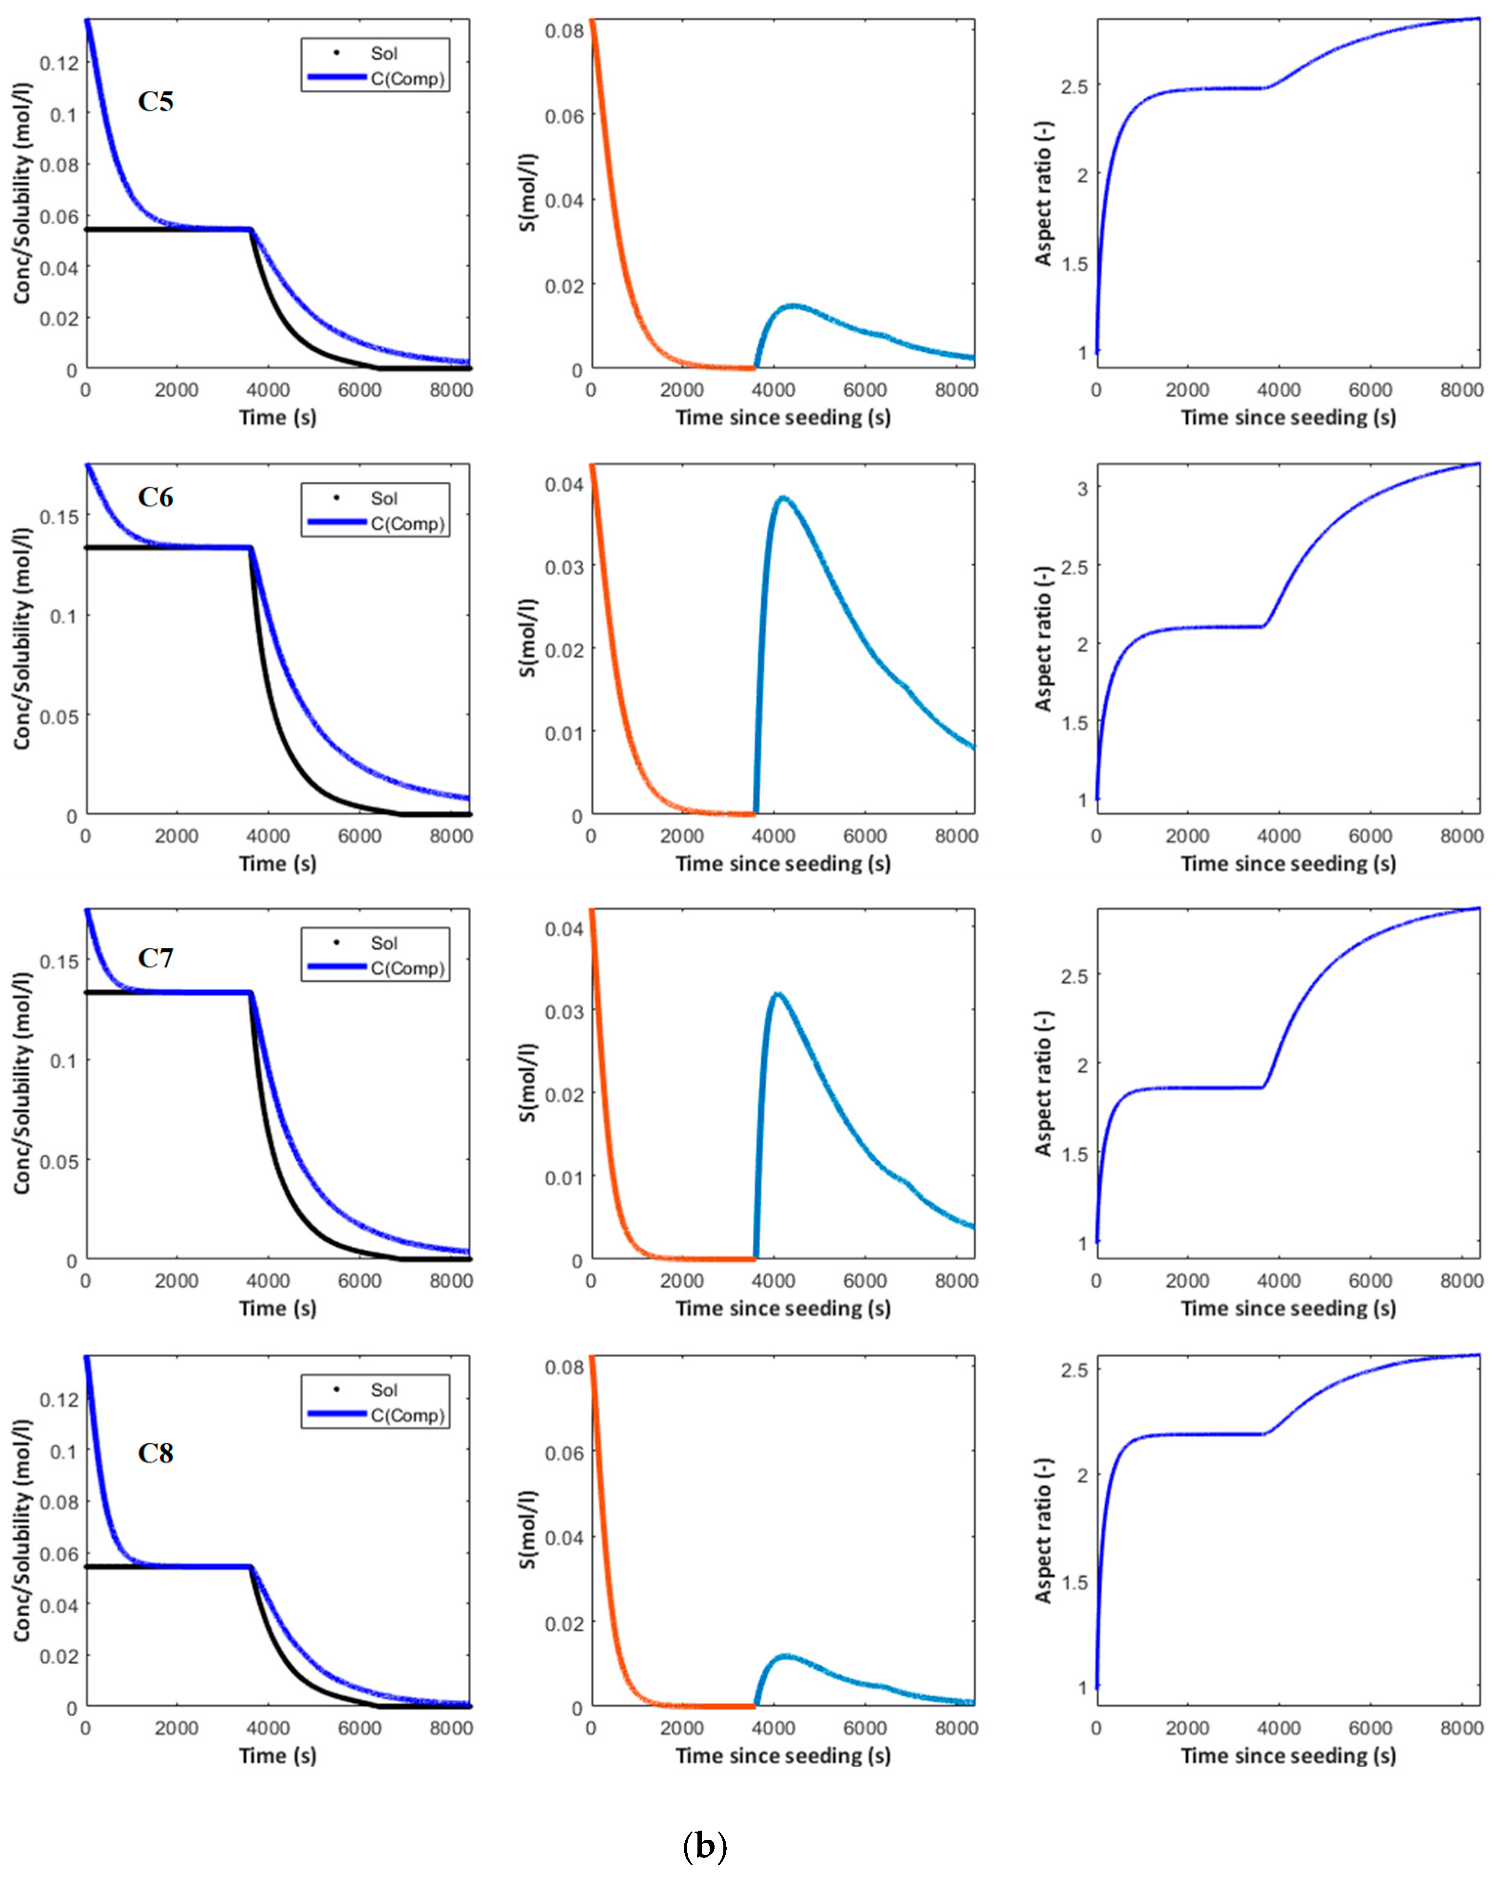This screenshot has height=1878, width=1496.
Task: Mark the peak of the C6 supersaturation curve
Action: (x=783, y=497)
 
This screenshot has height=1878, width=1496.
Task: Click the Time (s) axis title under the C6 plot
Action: (x=278, y=863)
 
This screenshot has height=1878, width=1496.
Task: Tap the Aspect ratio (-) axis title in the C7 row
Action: (x=1043, y=1083)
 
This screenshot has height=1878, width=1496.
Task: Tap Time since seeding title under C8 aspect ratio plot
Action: (x=1288, y=1755)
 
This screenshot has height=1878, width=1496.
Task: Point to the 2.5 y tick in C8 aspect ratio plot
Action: (x=1074, y=1370)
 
